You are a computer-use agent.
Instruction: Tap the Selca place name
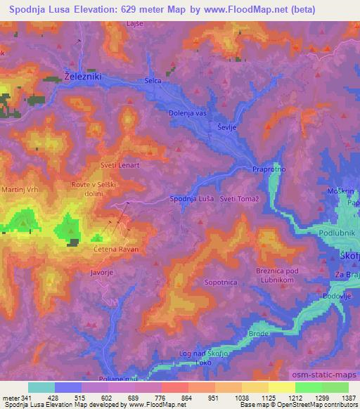pos(153,81)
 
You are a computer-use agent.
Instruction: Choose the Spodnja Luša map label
pos(193,199)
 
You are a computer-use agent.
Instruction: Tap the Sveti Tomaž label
pos(239,199)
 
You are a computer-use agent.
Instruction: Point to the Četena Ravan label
pos(116,249)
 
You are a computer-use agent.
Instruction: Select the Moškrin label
pos(340,191)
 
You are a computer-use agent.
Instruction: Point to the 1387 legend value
pos(347,397)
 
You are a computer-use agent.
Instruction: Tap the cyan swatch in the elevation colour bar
pos(41,387)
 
